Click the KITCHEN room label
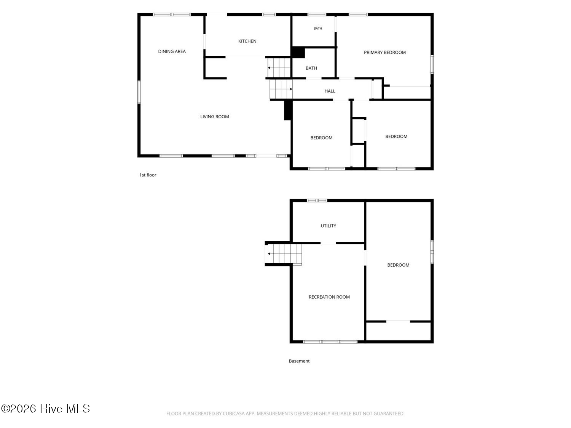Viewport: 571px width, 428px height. (247, 41)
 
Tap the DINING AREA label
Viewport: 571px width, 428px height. (172, 51)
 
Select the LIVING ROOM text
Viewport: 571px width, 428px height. (214, 117)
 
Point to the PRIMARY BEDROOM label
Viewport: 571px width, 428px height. (384, 53)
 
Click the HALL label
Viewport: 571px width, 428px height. (330, 91)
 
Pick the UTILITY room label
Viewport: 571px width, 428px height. (328, 226)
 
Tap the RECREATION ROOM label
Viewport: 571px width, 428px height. (329, 297)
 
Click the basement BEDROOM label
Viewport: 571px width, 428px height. (398, 265)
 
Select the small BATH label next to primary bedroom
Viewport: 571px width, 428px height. (317, 28)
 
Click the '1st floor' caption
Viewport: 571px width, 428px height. (147, 175)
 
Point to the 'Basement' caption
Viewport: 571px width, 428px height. (299, 361)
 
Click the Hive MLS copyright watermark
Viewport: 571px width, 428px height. (46, 409)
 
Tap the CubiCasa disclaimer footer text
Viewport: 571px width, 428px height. (285, 414)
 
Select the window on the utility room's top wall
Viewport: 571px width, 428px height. (317, 200)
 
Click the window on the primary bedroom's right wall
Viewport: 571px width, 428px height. (432, 64)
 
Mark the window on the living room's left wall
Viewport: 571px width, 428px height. (139, 92)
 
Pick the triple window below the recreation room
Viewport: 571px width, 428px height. (330, 342)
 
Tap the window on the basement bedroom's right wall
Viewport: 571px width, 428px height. (432, 252)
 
